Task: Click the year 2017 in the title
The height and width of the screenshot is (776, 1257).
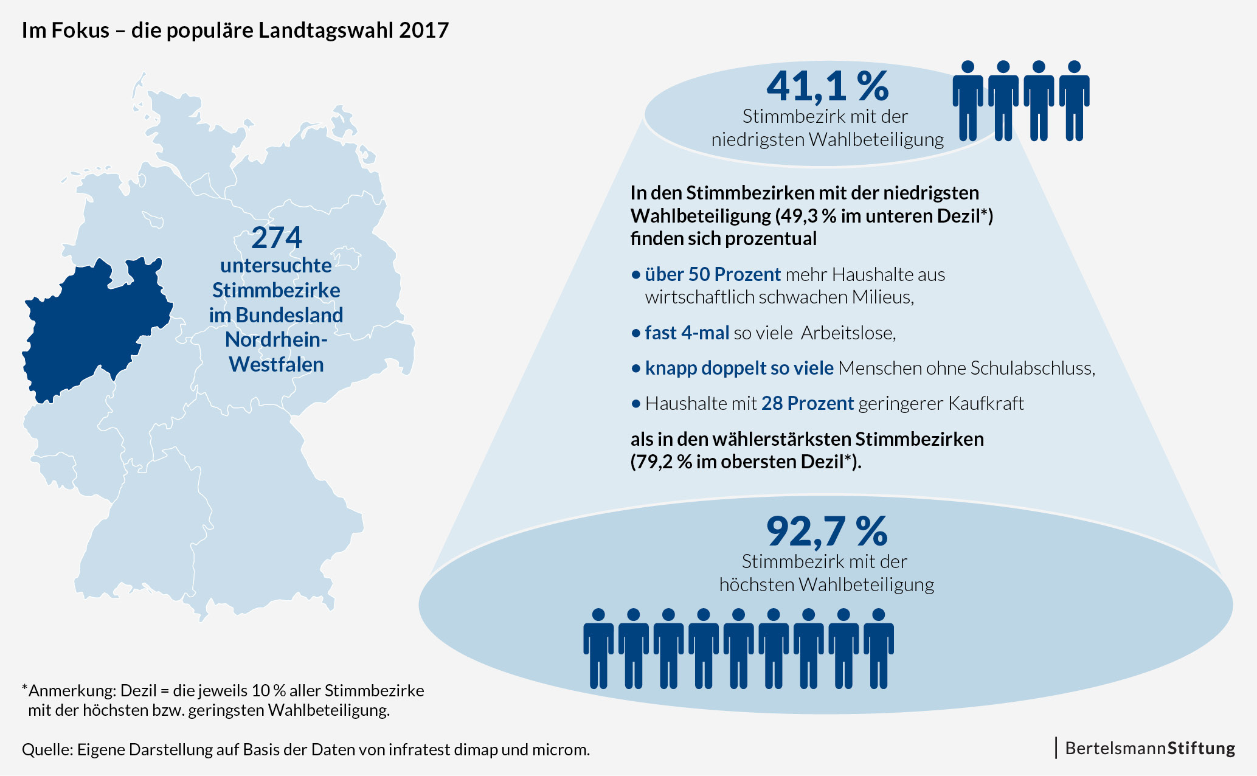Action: (424, 30)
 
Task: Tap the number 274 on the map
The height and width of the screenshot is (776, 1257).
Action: (277, 238)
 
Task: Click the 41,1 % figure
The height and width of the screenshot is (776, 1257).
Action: (827, 86)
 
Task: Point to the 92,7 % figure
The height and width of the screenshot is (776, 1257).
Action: (826, 532)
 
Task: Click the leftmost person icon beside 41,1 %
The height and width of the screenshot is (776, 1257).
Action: (968, 100)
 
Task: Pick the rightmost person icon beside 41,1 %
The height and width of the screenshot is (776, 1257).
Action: (1074, 100)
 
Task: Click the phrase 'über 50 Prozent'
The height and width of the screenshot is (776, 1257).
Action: (713, 274)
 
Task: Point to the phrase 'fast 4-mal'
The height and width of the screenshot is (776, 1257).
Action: (687, 333)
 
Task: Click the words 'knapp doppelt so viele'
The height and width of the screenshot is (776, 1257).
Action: (739, 368)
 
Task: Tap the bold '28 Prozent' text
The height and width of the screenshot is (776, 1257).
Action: (808, 403)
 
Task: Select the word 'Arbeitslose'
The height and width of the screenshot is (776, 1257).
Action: (847, 333)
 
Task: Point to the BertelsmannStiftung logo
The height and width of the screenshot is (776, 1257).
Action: (1149, 748)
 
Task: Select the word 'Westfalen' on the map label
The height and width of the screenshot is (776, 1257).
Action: (276, 364)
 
